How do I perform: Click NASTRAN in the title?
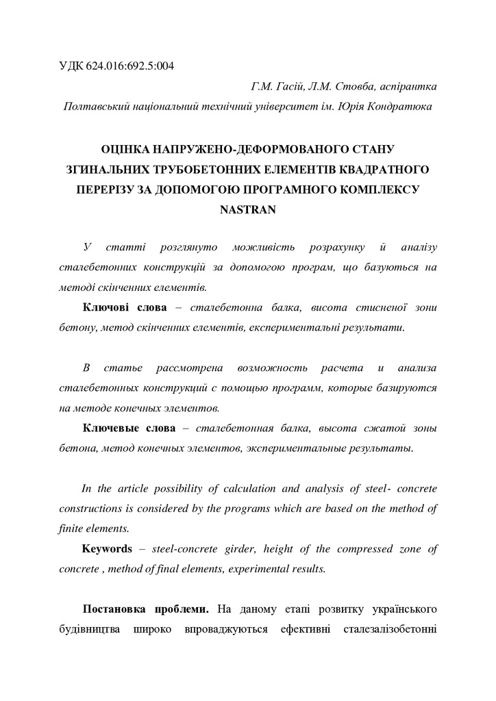(x=247, y=210)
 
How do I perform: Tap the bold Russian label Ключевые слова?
(x=127, y=429)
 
